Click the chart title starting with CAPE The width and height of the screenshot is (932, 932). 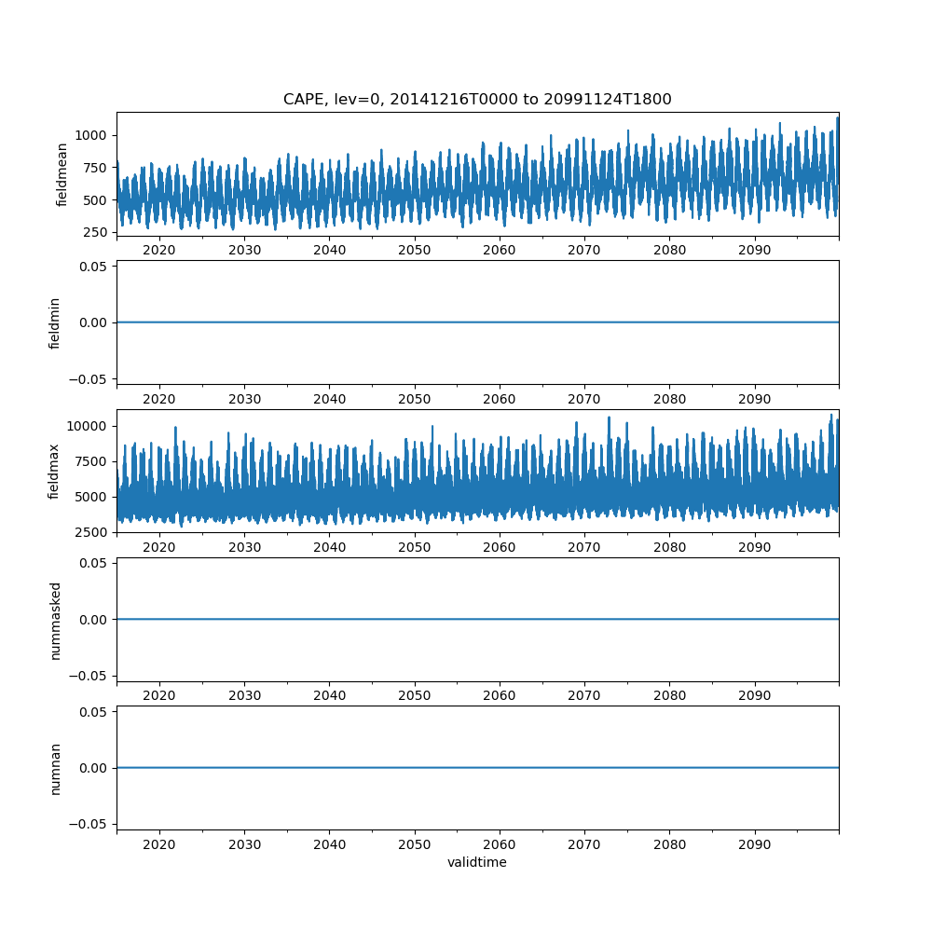point(477,99)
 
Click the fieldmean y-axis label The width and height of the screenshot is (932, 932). point(62,174)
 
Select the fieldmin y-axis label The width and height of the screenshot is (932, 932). point(55,322)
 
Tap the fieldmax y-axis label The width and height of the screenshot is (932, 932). point(55,471)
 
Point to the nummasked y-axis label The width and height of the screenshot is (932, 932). point(55,619)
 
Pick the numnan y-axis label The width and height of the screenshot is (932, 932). point(55,768)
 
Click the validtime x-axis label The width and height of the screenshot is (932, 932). point(477,862)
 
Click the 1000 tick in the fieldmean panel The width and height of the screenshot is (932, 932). point(92,135)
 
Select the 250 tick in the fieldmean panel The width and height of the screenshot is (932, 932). point(97,232)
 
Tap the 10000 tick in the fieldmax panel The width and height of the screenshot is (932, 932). point(89,426)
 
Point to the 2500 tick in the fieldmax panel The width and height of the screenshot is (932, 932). point(93,532)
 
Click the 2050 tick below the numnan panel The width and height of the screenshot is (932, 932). point(415,844)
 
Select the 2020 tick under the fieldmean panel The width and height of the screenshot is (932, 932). point(159,251)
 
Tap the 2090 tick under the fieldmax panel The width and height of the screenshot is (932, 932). point(754,547)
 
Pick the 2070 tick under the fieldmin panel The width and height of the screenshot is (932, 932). point(584,399)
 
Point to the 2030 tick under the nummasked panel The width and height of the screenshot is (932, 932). point(244,696)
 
